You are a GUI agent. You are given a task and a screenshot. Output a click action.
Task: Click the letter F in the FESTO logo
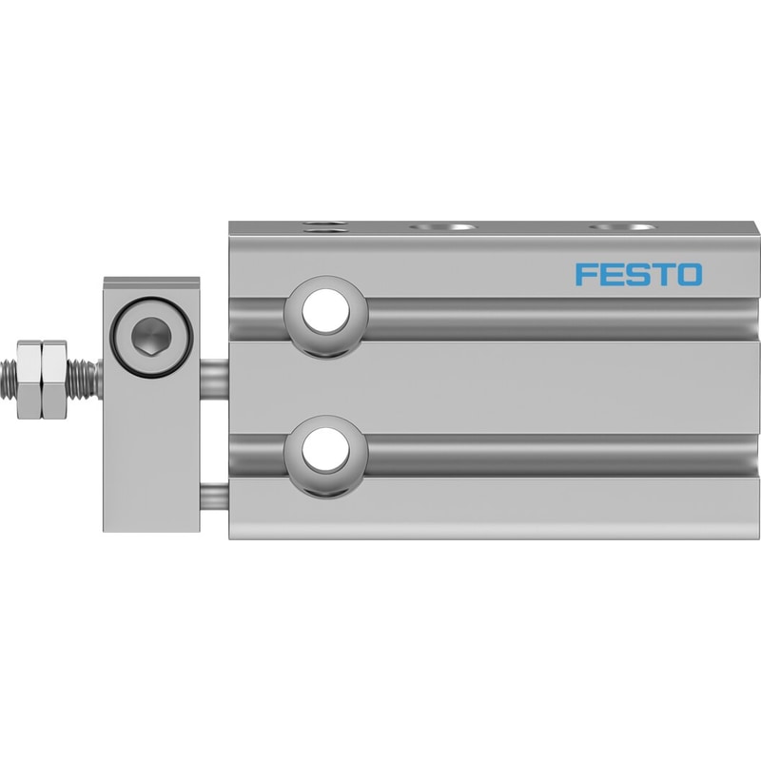pos(585,274)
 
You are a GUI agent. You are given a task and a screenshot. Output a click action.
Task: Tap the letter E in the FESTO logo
pos(609,274)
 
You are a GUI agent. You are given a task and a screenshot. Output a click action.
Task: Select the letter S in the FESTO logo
pos(634,274)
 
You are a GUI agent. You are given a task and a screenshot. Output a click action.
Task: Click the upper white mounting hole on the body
pos(325,312)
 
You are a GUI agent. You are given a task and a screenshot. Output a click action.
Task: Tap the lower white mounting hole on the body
pos(325,449)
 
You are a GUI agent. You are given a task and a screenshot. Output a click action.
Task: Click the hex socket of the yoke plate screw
pos(151,336)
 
